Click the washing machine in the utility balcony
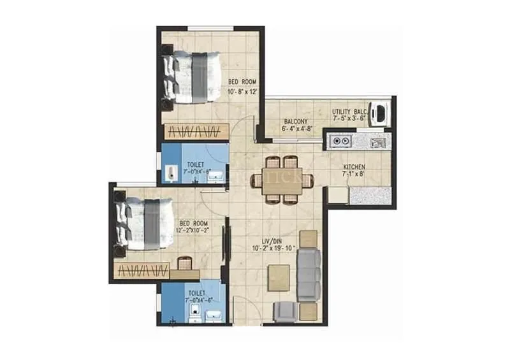(381, 113)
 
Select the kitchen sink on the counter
(377, 141)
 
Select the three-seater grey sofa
(309, 274)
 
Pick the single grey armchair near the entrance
(283, 310)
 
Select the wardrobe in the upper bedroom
(196, 131)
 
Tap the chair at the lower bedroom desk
(184, 262)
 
